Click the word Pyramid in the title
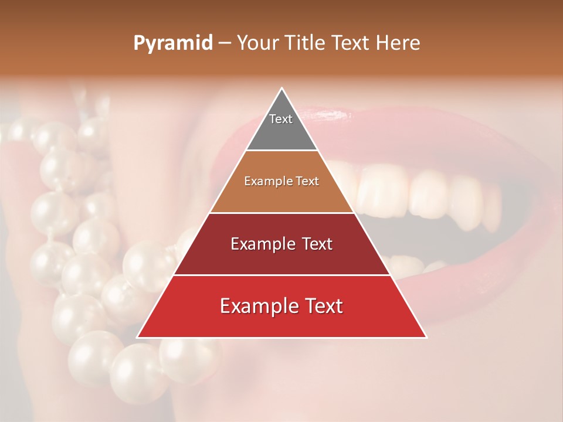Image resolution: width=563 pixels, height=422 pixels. coord(172,43)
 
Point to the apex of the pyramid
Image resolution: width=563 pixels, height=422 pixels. coord(281,89)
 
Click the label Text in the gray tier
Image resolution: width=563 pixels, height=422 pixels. coord(280,119)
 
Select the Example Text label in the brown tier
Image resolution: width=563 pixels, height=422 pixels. coord(281,181)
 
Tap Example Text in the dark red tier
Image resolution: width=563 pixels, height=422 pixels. coord(281,244)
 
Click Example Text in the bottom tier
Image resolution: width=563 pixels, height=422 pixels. coord(281,306)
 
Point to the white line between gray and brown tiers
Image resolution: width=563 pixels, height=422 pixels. coord(281,151)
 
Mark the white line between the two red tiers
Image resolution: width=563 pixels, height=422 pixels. coord(281,275)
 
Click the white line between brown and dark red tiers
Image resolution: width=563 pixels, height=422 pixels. coord(281,213)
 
